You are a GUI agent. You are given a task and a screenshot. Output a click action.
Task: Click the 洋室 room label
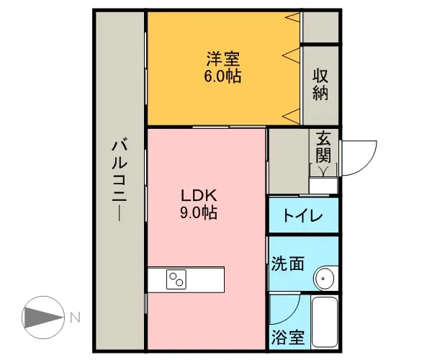(x=223, y=59)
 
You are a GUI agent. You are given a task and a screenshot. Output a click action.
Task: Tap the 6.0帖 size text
(x=222, y=76)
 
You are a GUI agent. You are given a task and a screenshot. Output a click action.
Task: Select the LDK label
(x=199, y=196)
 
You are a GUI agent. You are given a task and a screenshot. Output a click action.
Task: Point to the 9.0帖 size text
(x=199, y=212)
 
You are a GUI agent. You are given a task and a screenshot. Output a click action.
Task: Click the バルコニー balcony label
(x=120, y=181)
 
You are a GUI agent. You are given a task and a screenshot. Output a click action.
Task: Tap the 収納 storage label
(x=320, y=84)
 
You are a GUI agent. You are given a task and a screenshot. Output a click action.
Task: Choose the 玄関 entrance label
(x=323, y=147)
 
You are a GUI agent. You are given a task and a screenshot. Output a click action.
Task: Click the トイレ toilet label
(x=302, y=216)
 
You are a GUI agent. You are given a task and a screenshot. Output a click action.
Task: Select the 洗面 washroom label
(x=288, y=264)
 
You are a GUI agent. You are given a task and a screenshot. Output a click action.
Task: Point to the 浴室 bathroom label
(x=288, y=337)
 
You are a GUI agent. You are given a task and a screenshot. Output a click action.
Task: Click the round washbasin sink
(x=325, y=278)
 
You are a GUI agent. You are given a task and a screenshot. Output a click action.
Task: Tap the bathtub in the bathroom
(x=325, y=322)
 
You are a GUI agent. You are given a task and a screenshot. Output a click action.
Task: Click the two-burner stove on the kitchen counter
(x=176, y=279)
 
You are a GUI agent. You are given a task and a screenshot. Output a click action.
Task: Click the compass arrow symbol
(x=43, y=318)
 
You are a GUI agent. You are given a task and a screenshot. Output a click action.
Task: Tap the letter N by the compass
(x=75, y=318)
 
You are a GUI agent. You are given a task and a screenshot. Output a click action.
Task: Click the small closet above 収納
(x=320, y=27)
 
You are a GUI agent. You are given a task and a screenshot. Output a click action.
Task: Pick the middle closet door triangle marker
(x=292, y=55)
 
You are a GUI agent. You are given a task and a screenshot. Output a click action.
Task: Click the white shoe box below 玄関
(x=323, y=186)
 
